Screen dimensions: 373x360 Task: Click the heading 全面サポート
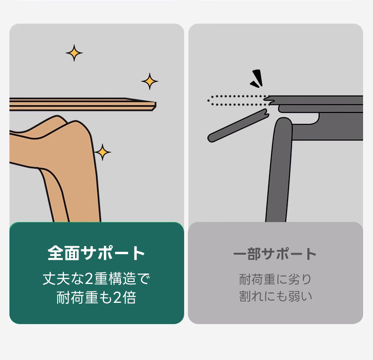coord(96,253)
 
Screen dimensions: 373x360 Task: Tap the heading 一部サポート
coord(275,254)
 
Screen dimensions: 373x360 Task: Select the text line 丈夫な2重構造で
coord(96,279)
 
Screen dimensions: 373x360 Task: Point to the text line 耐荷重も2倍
coord(96,298)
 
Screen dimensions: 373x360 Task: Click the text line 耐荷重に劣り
coord(275,279)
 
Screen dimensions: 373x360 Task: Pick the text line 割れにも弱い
coord(275,296)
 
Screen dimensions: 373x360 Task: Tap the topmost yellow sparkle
coord(74,53)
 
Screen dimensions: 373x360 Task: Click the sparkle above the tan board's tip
coord(150,81)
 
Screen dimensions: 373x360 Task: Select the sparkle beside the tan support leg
coord(102,152)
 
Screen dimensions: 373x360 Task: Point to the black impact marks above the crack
coord(257,78)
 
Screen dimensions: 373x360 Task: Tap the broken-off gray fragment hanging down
coord(238,126)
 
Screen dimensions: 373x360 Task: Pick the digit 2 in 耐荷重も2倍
coord(117,298)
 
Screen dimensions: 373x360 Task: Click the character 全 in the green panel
coord(55,253)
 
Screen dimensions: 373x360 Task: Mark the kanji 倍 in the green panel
coord(129,298)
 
